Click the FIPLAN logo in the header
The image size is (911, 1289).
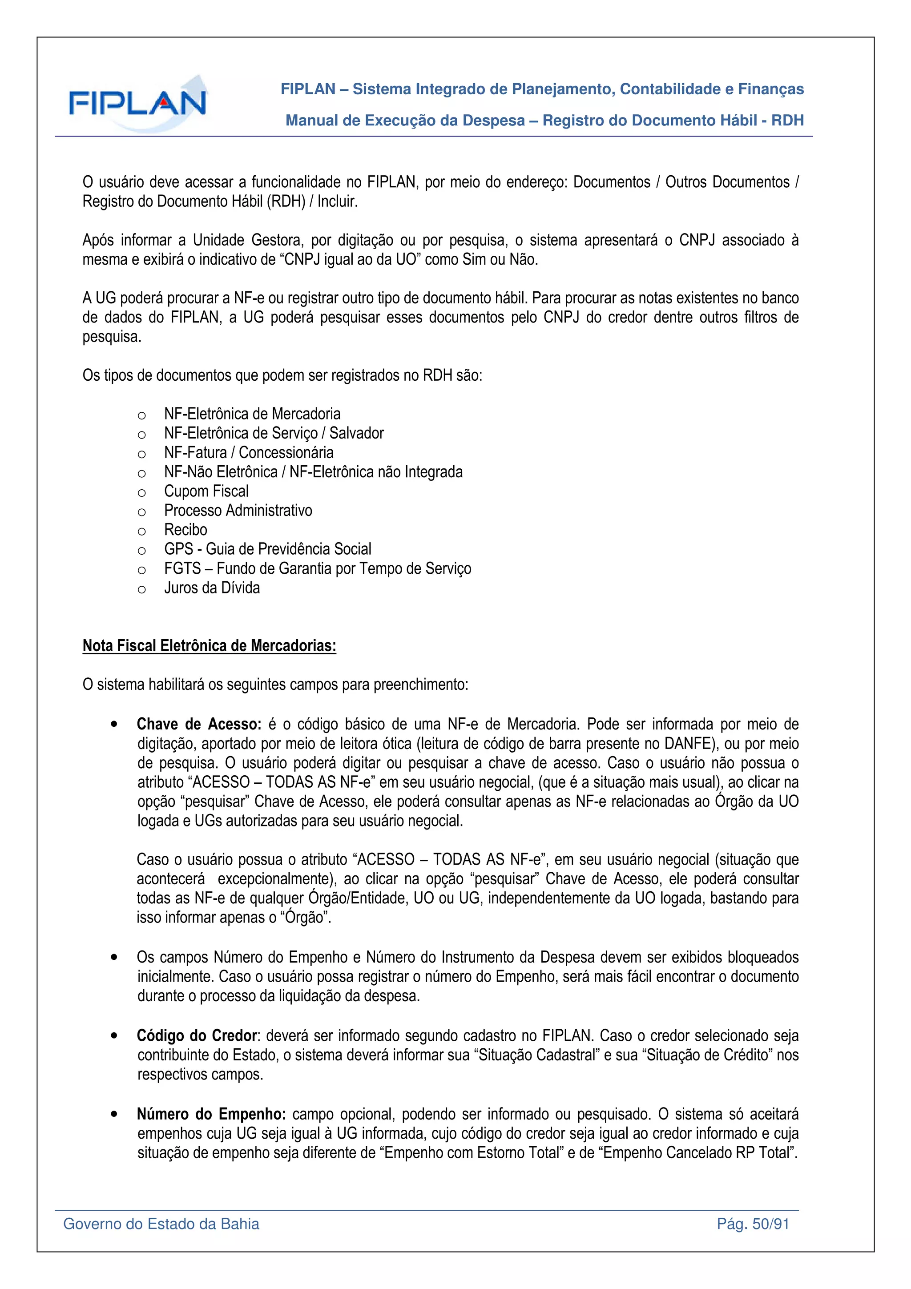137,103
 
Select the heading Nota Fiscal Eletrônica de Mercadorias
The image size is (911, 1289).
210,646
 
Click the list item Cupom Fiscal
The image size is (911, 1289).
206,491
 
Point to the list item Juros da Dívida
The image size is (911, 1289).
212,588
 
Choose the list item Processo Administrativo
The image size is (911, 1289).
238,510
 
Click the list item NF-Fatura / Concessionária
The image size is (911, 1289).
249,452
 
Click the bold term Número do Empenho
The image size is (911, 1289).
211,1114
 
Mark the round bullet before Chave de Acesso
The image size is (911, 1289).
114,724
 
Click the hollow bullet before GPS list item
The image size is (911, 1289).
141,551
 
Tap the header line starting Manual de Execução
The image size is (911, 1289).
544,120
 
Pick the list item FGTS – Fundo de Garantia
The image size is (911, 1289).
317,569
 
